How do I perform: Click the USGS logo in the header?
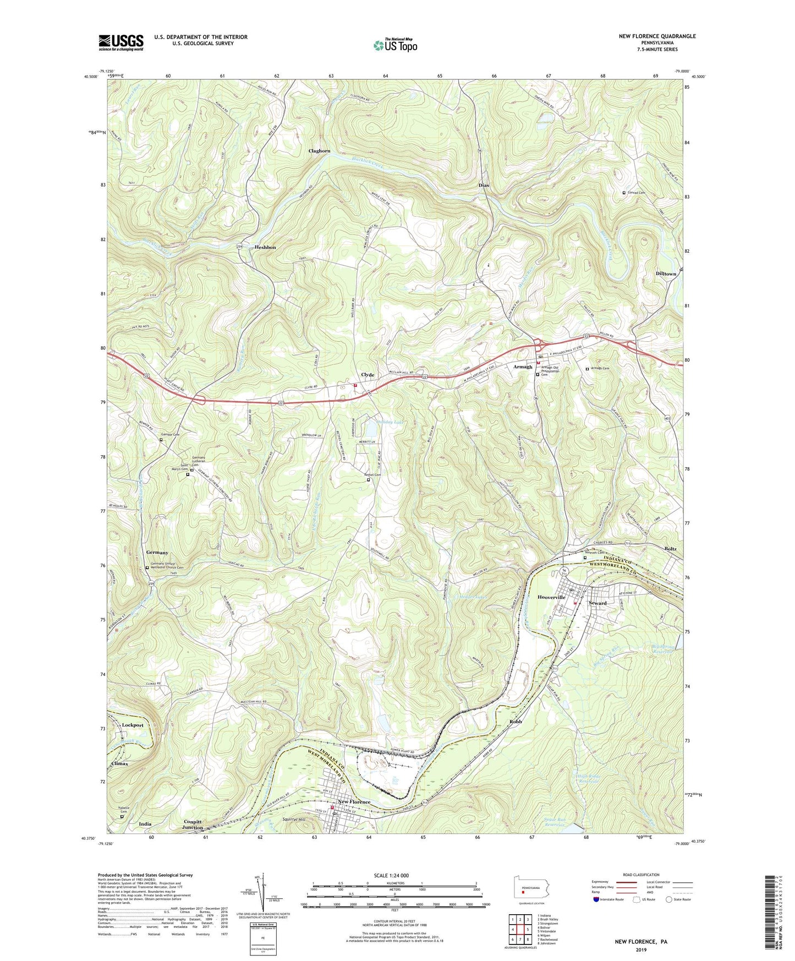click(x=121, y=42)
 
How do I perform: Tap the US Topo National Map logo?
click(x=395, y=45)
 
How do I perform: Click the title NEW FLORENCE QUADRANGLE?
click(x=657, y=36)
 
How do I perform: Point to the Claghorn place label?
click(x=319, y=151)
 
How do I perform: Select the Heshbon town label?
click(x=265, y=248)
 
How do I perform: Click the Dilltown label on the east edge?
click(x=666, y=274)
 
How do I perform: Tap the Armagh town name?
click(x=523, y=367)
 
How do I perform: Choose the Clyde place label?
click(x=368, y=375)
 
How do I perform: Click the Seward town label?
click(x=597, y=603)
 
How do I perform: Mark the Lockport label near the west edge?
click(x=133, y=725)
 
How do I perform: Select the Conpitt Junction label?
click(x=193, y=825)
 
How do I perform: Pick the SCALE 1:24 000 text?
click(x=391, y=875)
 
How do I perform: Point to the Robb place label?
click(x=515, y=721)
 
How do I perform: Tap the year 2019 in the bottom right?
click(x=641, y=949)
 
